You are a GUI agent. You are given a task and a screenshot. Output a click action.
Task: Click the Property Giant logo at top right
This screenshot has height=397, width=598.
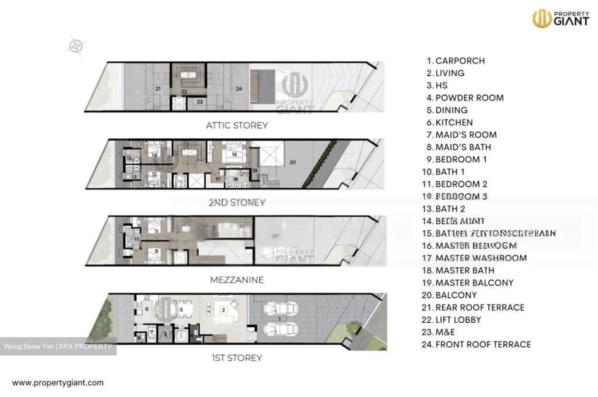pyautogui.click(x=561, y=19)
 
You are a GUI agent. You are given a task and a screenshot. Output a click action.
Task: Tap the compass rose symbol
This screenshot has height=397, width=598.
pyautogui.click(x=76, y=46)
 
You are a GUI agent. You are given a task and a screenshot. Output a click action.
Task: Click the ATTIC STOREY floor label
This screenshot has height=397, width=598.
pyautogui.click(x=237, y=125)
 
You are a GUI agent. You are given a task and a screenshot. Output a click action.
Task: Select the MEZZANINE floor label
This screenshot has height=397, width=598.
pyautogui.click(x=237, y=280)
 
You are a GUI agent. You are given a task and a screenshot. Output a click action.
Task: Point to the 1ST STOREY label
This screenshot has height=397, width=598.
pyautogui.click(x=237, y=358)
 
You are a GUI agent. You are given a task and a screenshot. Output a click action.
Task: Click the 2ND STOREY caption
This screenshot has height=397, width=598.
pyautogui.click(x=237, y=203)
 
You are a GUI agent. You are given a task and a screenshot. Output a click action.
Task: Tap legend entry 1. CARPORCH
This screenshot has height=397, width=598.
pyautogui.click(x=456, y=61)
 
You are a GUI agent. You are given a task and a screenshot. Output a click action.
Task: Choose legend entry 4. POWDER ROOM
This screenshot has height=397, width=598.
pyautogui.click(x=465, y=98)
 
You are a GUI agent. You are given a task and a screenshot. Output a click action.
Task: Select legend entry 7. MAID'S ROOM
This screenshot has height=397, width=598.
pyautogui.click(x=461, y=135)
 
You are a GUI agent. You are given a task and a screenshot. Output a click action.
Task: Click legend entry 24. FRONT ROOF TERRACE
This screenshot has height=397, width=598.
pyautogui.click(x=476, y=344)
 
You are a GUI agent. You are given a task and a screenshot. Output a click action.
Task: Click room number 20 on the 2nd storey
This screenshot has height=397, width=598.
pyautogui.click(x=292, y=162)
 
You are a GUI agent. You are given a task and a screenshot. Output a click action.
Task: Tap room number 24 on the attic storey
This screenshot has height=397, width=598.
pyautogui.click(x=238, y=88)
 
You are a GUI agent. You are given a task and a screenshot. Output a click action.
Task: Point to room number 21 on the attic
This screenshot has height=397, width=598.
pyautogui.click(x=158, y=88)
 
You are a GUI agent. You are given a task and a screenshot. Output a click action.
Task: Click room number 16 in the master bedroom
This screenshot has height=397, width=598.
pyautogui.click(x=234, y=154)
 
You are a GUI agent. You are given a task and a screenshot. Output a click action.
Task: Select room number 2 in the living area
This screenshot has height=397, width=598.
pyautogui.click(x=223, y=309)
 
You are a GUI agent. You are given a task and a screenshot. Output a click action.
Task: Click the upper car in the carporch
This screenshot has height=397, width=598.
pyautogui.click(x=281, y=309)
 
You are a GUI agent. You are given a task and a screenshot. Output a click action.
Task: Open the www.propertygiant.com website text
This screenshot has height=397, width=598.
pyautogui.click(x=58, y=383)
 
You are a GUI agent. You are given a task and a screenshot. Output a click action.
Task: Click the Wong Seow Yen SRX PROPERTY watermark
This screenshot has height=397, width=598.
pyautogui.click(x=58, y=346)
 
